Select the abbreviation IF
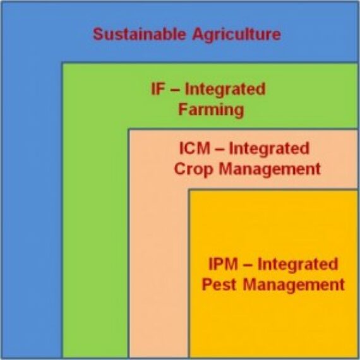click(x=158, y=89)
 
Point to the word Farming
click(x=210, y=109)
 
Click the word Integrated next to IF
click(x=228, y=89)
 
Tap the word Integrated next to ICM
click(x=269, y=149)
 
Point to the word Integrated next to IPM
click(x=298, y=264)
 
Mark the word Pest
click(x=220, y=284)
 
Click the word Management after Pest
click(x=294, y=284)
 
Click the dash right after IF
click(x=177, y=89)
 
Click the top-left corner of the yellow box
click(x=189, y=189)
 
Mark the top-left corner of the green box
click(x=62, y=63)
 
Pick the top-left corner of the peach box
click(x=129, y=129)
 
